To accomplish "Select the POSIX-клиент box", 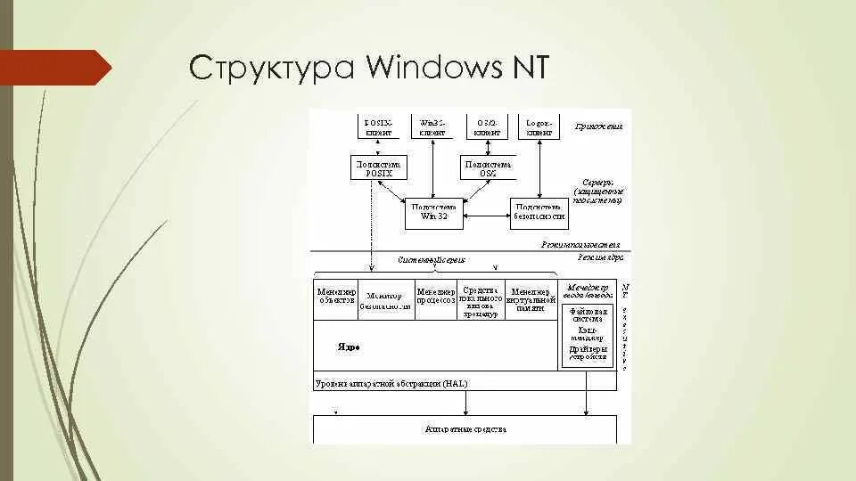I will [378, 126].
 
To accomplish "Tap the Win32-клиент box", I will [432, 126].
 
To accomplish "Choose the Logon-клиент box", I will [539, 126].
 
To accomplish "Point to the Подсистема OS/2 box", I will [487, 168].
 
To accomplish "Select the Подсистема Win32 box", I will [432, 211].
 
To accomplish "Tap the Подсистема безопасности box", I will [539, 211].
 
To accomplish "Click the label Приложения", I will [598, 126].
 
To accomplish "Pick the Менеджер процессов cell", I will [436, 296].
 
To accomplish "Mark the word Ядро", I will [348, 346].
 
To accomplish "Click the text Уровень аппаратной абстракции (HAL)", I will [391, 383].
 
